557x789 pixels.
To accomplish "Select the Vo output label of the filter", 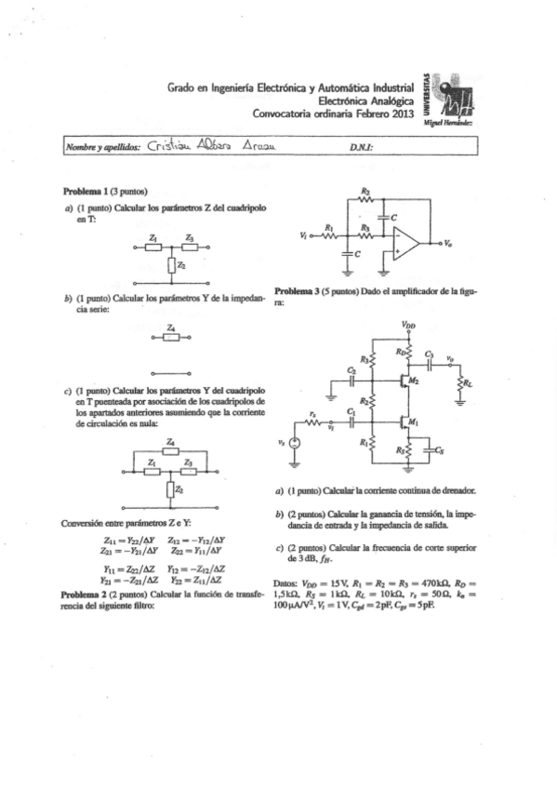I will pyautogui.click(x=448, y=244).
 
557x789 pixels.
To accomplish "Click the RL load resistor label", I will pyautogui.click(x=468, y=381).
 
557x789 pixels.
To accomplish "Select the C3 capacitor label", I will pyautogui.click(x=429, y=354).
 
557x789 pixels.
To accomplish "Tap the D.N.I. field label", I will pyautogui.click(x=361, y=147).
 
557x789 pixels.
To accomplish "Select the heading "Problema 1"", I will pyautogui.click(x=86, y=191).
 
